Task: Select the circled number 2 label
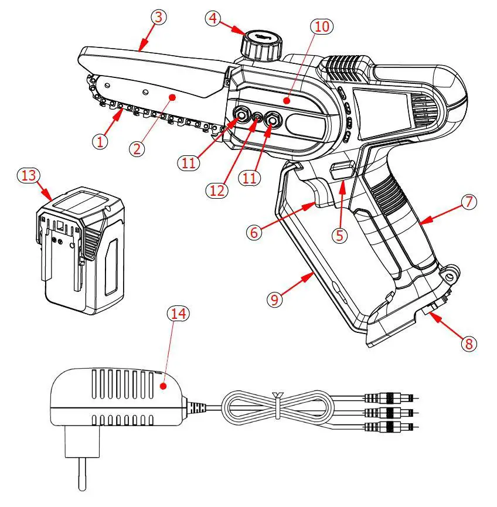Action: tap(137, 148)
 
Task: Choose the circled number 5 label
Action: tap(341, 234)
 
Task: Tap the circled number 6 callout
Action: tap(253, 232)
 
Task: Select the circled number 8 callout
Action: tap(468, 343)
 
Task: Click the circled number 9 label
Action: tap(275, 299)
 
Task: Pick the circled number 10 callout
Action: tap(323, 26)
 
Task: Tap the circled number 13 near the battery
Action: tap(27, 176)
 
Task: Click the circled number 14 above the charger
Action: tap(176, 313)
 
